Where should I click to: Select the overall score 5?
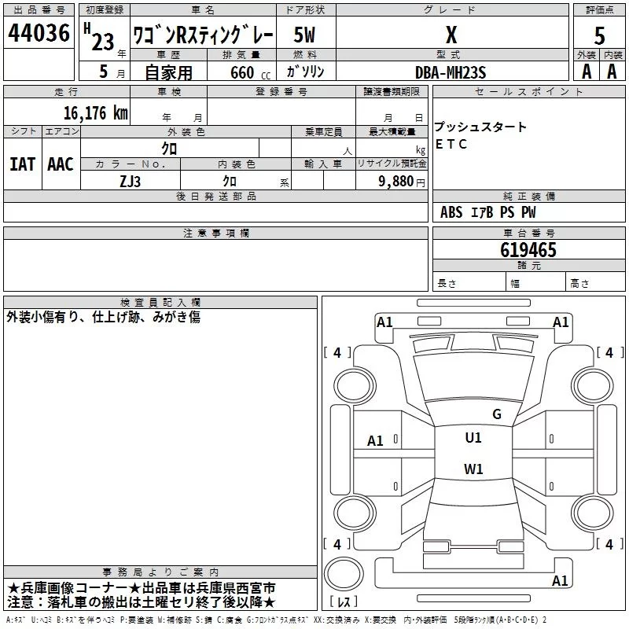pyautogui.click(x=599, y=35)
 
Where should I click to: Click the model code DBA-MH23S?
pyautogui.click(x=451, y=72)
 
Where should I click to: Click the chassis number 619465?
pyautogui.click(x=528, y=250)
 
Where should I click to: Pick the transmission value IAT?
pyautogui.click(x=22, y=164)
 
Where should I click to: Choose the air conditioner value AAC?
pyautogui.click(x=61, y=164)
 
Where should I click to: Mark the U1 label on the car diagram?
pyautogui.click(x=473, y=438)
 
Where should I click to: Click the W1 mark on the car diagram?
pyautogui.click(x=473, y=469)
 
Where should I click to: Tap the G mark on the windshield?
pyautogui.click(x=496, y=414)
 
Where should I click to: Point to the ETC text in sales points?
pyautogui.click(x=451, y=145)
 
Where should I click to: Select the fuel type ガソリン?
pyautogui.click(x=305, y=72)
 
